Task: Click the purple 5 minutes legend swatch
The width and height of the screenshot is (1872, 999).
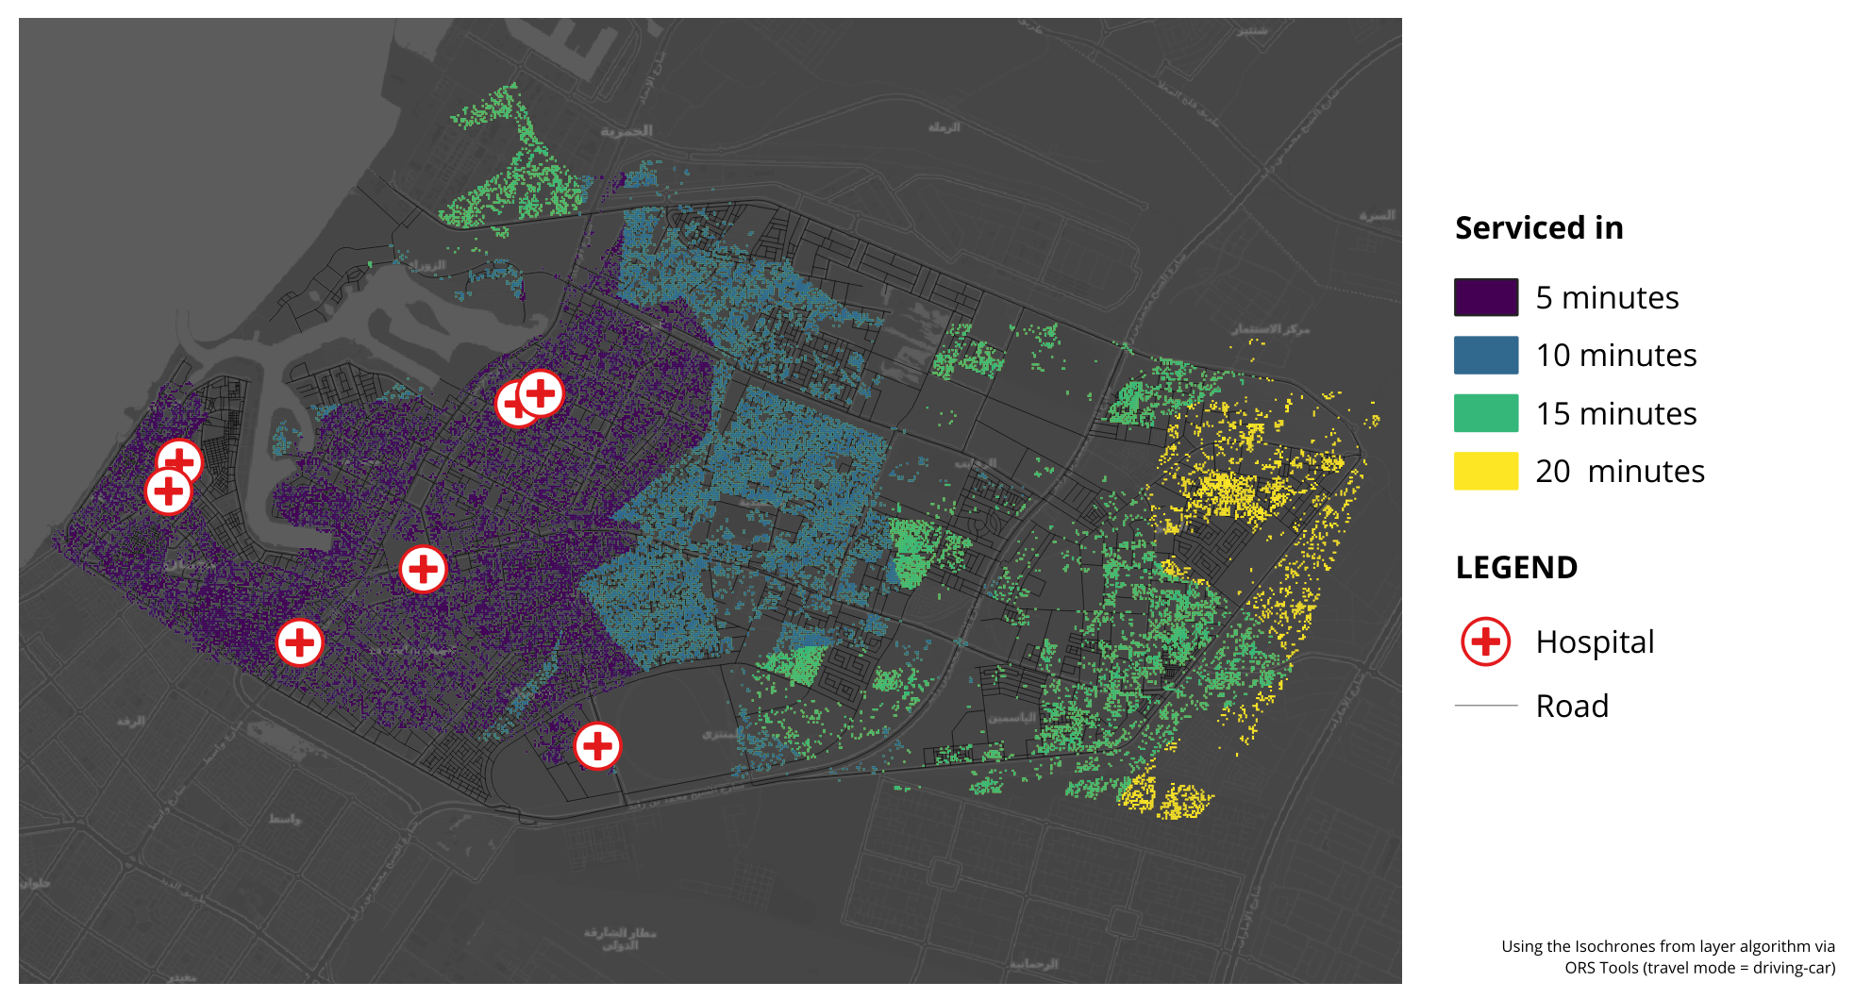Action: point(1485,297)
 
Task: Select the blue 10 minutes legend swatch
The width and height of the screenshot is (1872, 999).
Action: point(1485,356)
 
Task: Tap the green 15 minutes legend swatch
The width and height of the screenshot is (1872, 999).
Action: point(1485,413)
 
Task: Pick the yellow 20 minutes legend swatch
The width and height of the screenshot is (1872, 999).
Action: point(1485,471)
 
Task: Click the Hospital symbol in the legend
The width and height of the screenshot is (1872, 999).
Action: point(1485,641)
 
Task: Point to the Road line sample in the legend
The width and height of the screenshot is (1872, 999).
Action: point(1485,706)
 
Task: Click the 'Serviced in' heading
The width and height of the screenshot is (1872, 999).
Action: point(1538,228)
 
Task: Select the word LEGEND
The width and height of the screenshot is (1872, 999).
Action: point(1516,568)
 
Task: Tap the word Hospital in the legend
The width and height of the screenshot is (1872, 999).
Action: point(1595,642)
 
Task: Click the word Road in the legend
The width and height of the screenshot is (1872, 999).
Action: point(1572,707)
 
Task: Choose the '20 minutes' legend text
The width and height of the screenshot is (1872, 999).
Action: point(1619,472)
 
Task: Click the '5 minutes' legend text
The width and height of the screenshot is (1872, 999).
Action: point(1607,298)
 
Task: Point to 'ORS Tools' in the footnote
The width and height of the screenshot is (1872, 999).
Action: point(1602,968)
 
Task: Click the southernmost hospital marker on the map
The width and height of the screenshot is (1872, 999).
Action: point(597,746)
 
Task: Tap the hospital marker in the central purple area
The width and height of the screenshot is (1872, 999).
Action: point(423,569)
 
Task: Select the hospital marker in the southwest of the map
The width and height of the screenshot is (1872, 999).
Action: point(299,642)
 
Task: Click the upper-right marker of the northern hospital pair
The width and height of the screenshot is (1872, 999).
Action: point(542,392)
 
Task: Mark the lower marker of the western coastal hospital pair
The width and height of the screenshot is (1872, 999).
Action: point(168,491)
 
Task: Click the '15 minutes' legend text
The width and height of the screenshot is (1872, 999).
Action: point(1615,414)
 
